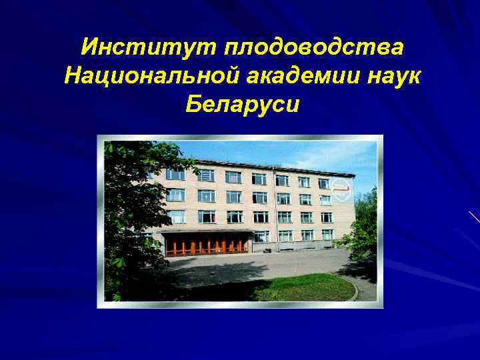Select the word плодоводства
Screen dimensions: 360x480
(313, 48)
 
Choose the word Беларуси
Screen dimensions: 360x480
(240, 105)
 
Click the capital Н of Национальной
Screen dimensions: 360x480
(72, 76)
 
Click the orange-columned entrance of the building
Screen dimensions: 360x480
(207, 245)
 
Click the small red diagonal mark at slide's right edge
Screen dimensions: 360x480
(474, 217)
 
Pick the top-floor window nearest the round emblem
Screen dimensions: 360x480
(323, 183)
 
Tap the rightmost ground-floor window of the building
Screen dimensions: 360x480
(327, 235)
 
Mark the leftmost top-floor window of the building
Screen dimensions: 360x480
(175, 174)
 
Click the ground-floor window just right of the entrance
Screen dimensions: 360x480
(261, 236)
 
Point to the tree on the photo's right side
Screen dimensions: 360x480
(363, 227)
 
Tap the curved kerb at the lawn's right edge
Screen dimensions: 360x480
(353, 288)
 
